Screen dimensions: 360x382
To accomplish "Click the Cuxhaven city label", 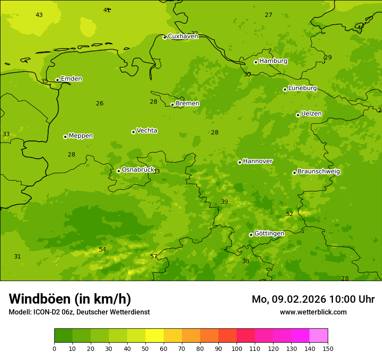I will click(183, 36).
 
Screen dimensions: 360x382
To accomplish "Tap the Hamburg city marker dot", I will click(256, 62).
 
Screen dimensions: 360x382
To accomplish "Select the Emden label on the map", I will click(71, 79).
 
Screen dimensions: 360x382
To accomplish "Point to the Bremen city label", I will click(187, 104).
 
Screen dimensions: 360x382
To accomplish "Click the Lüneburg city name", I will click(302, 88).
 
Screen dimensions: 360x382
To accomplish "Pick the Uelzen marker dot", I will click(298, 115).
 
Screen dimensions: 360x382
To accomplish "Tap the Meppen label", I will click(80, 136).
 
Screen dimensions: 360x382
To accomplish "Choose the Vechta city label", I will click(147, 131).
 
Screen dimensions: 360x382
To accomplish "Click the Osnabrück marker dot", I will click(119, 171).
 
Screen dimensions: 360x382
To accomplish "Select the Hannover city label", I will click(257, 161).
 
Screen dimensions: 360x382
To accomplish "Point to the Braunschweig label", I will click(319, 171).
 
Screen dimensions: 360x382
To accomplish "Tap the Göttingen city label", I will click(269, 233).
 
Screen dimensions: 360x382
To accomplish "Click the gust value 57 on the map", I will click(154, 256).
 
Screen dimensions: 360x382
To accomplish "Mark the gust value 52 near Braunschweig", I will click(290, 214).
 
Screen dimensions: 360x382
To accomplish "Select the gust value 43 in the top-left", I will click(39, 15).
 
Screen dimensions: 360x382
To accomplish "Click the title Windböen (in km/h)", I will click(70, 299).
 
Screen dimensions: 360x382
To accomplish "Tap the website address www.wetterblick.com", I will click(313, 312).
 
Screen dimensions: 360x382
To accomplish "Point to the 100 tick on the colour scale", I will click(237, 348).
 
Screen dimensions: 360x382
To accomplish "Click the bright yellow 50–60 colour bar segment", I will click(155, 335).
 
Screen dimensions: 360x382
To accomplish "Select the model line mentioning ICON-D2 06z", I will click(79, 312).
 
